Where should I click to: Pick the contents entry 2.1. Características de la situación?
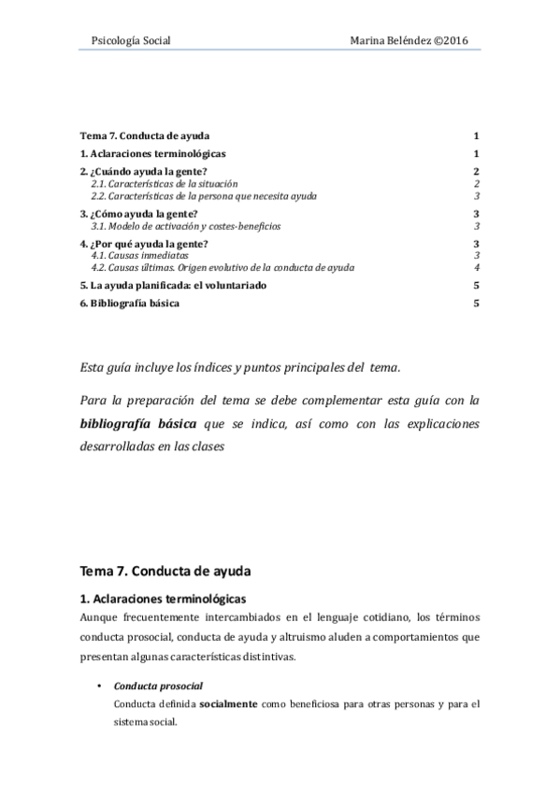(x=165, y=184)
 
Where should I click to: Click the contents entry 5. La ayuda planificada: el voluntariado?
(x=176, y=285)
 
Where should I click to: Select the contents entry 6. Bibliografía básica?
(x=130, y=304)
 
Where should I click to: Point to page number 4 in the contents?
(x=477, y=267)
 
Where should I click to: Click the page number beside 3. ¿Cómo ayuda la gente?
(x=477, y=215)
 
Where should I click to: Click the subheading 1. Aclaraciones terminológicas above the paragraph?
(x=166, y=597)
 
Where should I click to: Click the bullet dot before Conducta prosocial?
(x=99, y=686)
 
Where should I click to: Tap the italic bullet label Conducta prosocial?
(x=151, y=686)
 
